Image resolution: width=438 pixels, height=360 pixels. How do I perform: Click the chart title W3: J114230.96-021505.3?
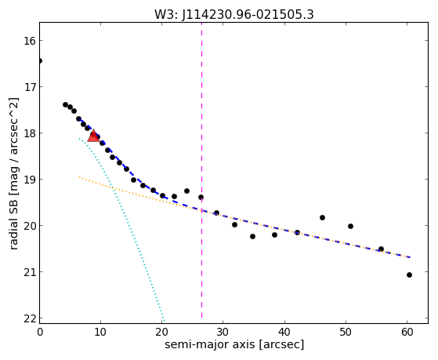(x=234, y=14)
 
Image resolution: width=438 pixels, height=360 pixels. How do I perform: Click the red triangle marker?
(x=93, y=136)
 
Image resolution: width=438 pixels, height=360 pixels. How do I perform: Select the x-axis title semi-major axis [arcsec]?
(x=234, y=344)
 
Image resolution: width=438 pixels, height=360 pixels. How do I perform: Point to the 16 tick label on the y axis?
(x=29, y=41)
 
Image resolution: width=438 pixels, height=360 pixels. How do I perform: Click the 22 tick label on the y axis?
(x=29, y=318)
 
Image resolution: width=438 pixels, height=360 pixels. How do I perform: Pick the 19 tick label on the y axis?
(x=29, y=180)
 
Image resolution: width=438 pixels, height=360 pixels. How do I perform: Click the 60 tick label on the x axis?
(x=407, y=332)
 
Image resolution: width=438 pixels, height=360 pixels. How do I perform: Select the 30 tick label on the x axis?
(x=223, y=332)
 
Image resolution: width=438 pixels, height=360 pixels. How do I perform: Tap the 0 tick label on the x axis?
(x=40, y=332)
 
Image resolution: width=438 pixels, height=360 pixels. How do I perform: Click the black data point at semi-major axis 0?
(x=39, y=60)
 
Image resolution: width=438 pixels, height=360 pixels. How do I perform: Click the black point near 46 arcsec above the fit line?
(x=322, y=217)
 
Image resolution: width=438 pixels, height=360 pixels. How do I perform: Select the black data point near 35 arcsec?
(x=252, y=236)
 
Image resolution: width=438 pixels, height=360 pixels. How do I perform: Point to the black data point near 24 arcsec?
(x=187, y=191)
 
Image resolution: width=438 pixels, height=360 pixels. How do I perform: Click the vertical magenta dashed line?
(x=201, y=171)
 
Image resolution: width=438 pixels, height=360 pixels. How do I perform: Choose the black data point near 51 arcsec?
(x=350, y=227)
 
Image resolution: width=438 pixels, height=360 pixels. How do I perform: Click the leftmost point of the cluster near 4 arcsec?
(x=65, y=104)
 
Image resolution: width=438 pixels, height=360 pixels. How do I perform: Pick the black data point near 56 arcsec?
(x=381, y=249)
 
